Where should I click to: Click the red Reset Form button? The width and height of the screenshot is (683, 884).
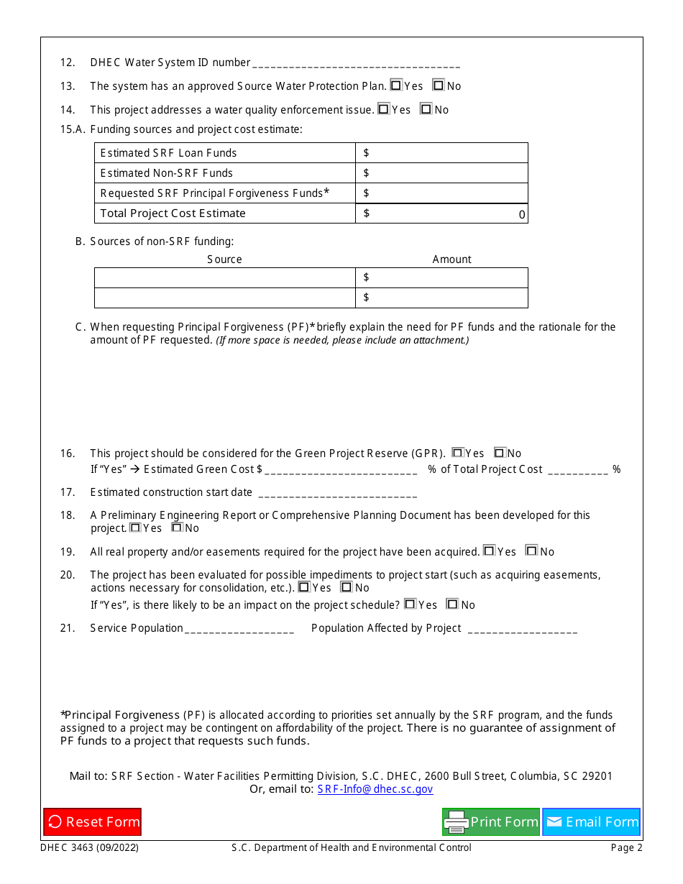point(92,821)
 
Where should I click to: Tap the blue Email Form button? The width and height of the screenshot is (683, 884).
point(591,821)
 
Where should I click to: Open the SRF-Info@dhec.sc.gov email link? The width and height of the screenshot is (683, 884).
point(375,789)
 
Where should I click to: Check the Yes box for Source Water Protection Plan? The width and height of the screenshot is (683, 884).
point(396,86)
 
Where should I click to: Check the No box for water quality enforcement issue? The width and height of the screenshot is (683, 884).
point(426,109)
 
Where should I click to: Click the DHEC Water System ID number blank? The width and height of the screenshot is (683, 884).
point(357,63)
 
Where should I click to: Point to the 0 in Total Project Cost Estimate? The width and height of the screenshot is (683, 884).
point(522,214)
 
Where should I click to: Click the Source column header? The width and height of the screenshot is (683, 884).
point(224,259)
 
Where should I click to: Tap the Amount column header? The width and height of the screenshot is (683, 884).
point(451,259)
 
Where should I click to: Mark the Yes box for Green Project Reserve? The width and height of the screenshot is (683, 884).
point(457,453)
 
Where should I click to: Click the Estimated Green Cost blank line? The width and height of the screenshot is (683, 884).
point(341,470)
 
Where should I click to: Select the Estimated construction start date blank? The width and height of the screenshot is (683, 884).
point(337,493)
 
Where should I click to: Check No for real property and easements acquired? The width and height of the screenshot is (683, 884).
point(532,551)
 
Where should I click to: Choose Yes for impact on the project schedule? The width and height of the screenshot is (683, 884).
point(410,604)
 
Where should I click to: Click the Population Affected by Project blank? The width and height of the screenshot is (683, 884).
point(522,629)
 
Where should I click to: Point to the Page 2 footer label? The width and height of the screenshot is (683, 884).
point(626,848)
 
